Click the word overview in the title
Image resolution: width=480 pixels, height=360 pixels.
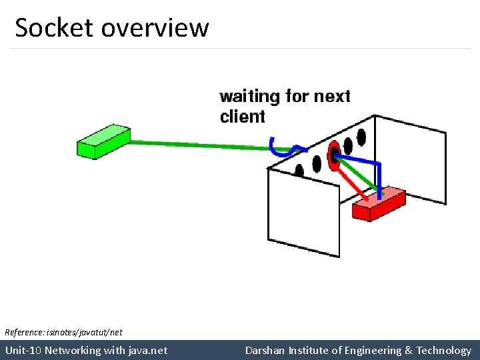point(155,28)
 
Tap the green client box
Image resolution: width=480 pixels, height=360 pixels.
point(103,141)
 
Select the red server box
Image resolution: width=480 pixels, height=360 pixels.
point(378,203)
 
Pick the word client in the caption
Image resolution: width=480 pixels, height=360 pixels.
point(242,117)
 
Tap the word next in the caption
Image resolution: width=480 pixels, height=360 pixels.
point(332,97)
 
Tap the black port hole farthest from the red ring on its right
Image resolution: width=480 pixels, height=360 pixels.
point(361,137)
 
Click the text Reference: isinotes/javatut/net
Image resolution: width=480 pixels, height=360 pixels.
point(63,331)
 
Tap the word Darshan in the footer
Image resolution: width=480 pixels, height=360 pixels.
point(265,350)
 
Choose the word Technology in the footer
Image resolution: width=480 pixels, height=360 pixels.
point(444,350)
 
